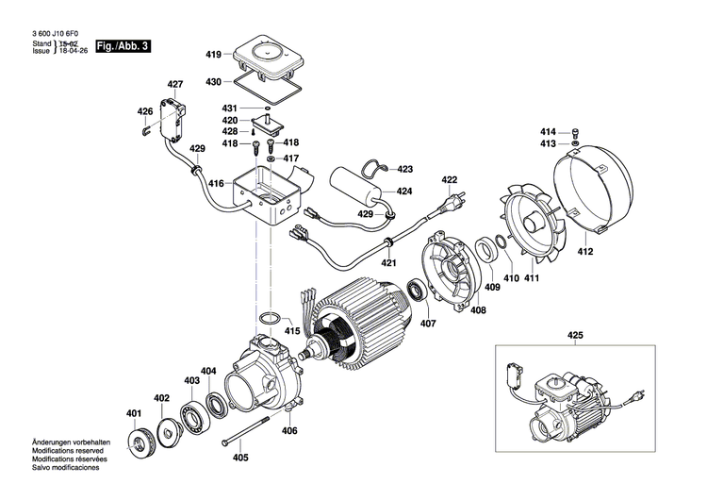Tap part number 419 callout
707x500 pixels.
pyautogui.click(x=213, y=55)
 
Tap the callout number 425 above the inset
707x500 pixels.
pyautogui.click(x=576, y=335)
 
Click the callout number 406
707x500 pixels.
pyautogui.click(x=289, y=431)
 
